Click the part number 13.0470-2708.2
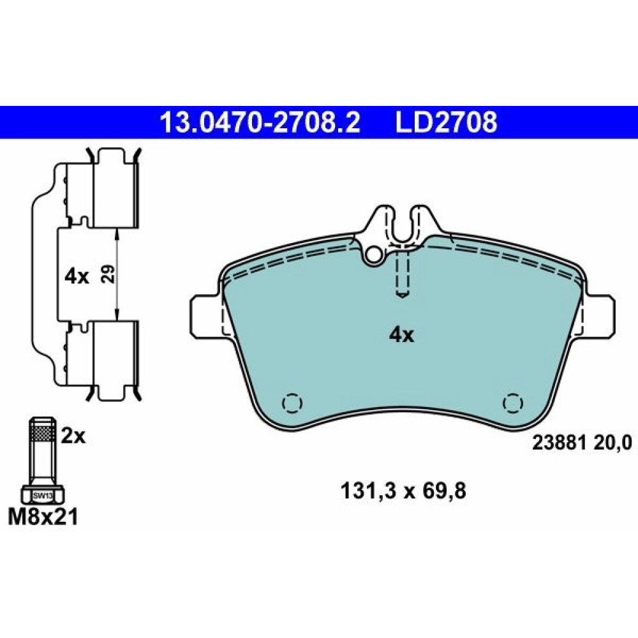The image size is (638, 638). coord(260,122)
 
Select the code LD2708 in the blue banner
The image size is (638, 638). coord(447,122)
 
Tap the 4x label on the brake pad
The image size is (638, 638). coord(401,336)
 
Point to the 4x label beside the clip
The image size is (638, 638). coord(77,277)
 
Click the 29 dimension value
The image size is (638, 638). coord(108,274)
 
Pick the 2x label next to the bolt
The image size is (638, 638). coord(73,436)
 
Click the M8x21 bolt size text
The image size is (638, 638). coord(43,517)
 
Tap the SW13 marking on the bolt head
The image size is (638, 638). coord(43,496)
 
